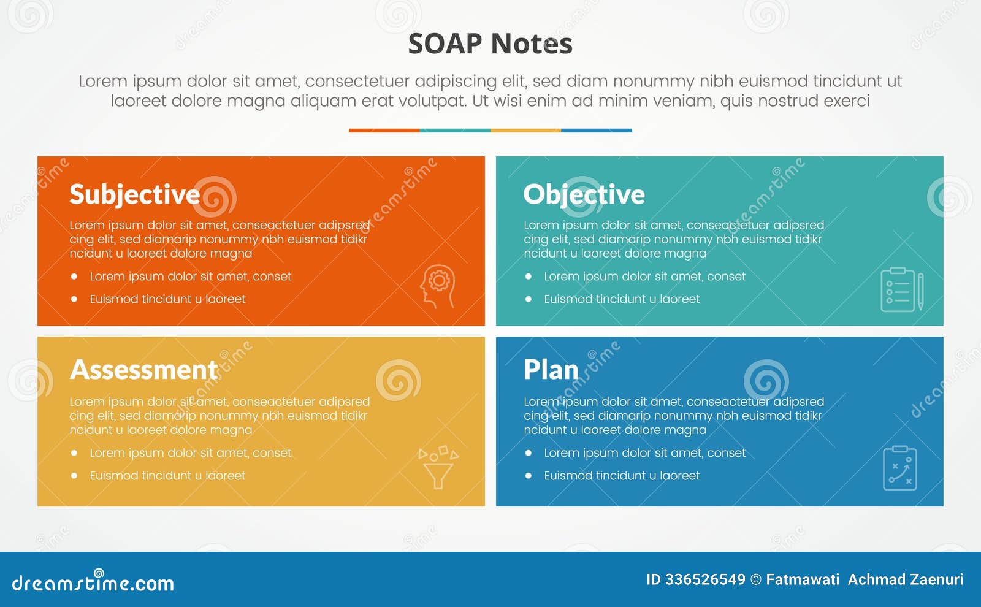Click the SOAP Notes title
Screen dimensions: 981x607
tap(490, 44)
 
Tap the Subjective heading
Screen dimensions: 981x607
tap(135, 194)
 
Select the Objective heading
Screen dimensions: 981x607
tap(584, 194)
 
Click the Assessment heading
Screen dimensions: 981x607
tap(143, 370)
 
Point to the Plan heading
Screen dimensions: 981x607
tap(551, 370)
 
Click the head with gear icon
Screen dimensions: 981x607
tap(438, 286)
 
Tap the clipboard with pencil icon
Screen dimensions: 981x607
tap(902, 289)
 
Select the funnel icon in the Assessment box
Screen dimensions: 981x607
tap(438, 467)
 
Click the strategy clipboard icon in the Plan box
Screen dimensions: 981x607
tap(900, 468)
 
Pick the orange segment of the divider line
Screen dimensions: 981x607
tap(384, 131)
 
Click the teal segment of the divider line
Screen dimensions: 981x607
tap(455, 131)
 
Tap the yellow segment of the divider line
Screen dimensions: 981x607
tap(525, 131)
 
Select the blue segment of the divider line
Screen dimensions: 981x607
tap(597, 131)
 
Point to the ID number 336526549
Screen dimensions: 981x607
tap(705, 579)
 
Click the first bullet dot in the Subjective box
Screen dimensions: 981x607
tap(74, 277)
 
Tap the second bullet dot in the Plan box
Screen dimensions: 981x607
tap(528, 476)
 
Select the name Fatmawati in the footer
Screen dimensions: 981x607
tap(803, 579)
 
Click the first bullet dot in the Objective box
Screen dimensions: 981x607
tap(528, 277)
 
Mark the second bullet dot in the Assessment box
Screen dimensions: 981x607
tap(74, 476)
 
